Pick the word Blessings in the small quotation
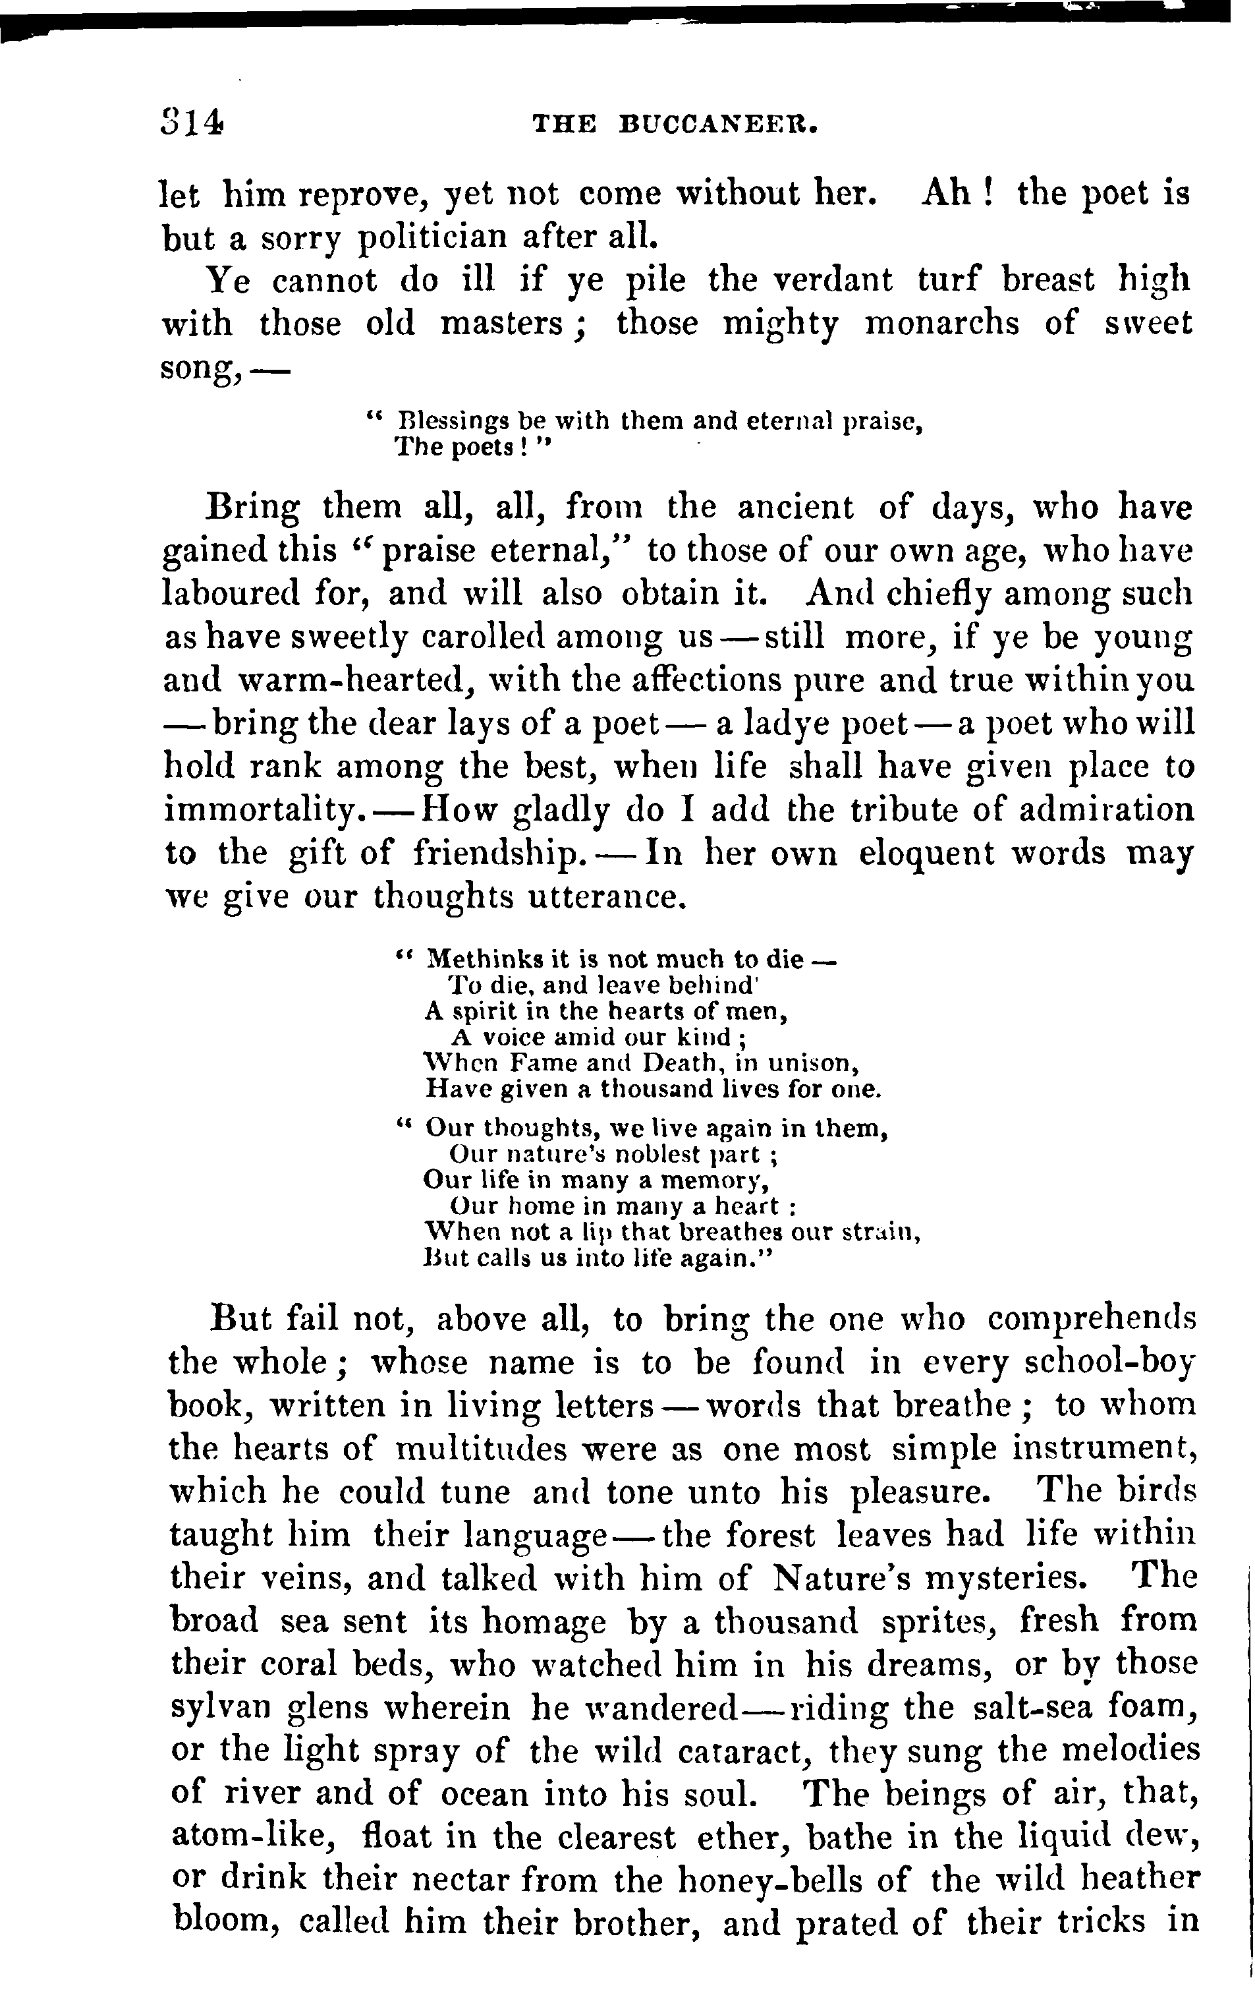453,422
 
